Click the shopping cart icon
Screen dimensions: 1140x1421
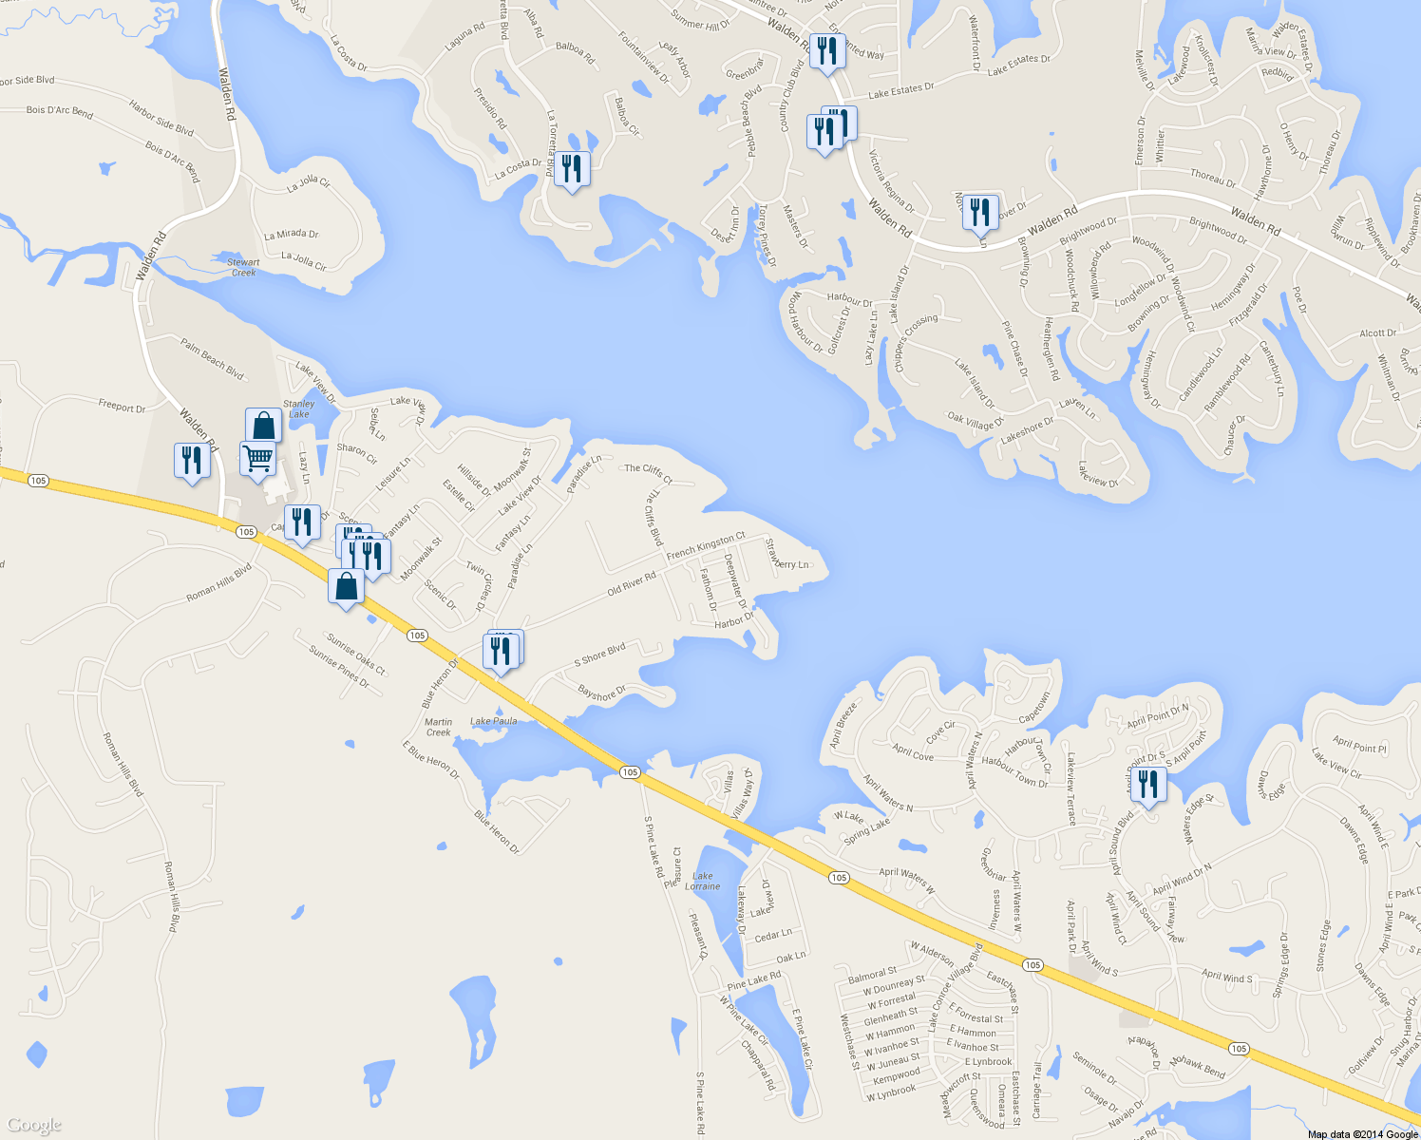click(257, 458)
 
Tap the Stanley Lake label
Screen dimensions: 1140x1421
click(298, 408)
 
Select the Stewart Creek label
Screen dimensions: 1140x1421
click(243, 267)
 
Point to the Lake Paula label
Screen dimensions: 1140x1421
click(494, 721)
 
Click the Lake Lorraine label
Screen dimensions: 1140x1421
click(703, 881)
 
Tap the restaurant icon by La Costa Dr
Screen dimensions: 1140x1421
click(571, 168)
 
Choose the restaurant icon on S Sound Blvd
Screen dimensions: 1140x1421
click(1148, 785)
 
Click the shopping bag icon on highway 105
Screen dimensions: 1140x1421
click(347, 585)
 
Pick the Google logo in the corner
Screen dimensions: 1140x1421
click(34, 1126)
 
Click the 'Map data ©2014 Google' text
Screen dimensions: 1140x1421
click(1362, 1133)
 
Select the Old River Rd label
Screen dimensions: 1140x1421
click(632, 584)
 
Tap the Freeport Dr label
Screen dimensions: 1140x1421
click(122, 407)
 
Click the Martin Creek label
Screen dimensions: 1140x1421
click(438, 727)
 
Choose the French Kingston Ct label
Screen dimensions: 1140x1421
click(706, 546)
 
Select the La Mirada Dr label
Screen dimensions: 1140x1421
click(292, 234)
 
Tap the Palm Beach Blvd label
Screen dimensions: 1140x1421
click(212, 360)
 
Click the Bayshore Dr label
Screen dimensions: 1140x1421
click(602, 693)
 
